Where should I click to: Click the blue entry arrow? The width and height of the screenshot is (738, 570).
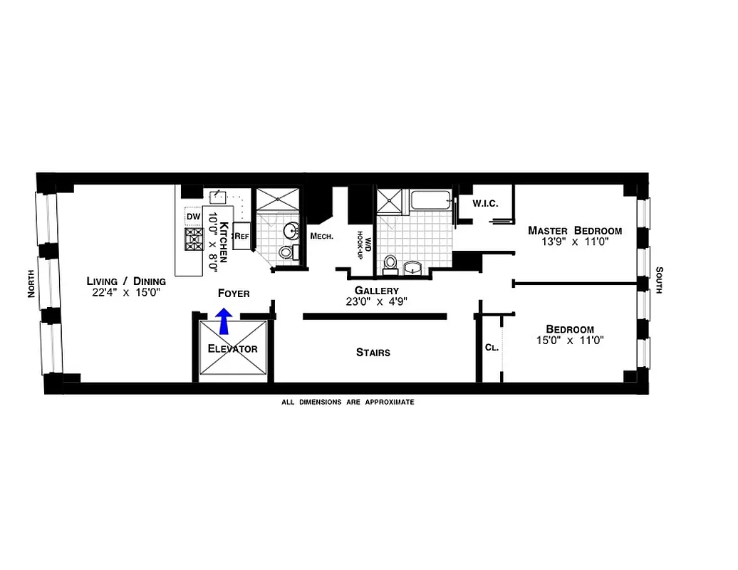pyautogui.click(x=224, y=321)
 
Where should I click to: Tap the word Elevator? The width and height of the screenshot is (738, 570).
pyautogui.click(x=232, y=349)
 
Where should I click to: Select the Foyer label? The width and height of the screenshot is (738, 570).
pyautogui.click(x=234, y=293)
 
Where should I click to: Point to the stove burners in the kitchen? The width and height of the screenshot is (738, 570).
pyautogui.click(x=194, y=239)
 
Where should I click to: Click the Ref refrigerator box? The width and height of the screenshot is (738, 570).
pyautogui.click(x=242, y=236)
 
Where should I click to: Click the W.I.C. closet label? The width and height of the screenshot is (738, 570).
pyautogui.click(x=485, y=204)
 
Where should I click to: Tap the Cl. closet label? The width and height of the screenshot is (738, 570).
pyautogui.click(x=491, y=348)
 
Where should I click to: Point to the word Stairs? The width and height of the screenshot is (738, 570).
pyautogui.click(x=373, y=352)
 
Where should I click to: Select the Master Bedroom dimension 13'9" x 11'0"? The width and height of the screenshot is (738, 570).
pyautogui.click(x=574, y=242)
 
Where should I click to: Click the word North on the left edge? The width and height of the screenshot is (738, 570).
pyautogui.click(x=31, y=284)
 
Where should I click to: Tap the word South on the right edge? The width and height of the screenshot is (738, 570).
pyautogui.click(x=659, y=280)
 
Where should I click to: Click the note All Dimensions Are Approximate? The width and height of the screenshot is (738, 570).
pyautogui.click(x=348, y=402)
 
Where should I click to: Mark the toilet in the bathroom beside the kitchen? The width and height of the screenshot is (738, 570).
pyautogui.click(x=286, y=252)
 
